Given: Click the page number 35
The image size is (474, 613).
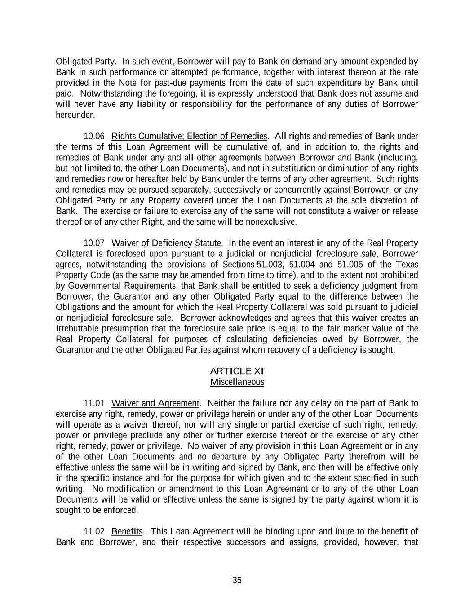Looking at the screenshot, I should click(237, 580).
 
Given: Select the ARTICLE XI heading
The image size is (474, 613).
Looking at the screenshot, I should click(237, 371).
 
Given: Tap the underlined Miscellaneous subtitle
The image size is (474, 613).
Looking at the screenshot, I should click(237, 382).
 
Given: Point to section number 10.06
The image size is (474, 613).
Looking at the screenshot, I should click(94, 136).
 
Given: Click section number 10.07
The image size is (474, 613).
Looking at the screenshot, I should click(94, 243).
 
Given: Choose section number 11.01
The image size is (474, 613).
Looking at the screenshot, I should click(94, 403).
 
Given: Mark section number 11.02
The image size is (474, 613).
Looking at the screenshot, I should click(94, 531).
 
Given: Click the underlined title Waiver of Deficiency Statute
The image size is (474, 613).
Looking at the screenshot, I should click(166, 243).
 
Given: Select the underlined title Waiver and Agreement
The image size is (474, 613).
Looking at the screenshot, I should click(155, 403).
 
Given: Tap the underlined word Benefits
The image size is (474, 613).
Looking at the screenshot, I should click(127, 531).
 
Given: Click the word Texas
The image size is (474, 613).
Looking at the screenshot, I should click(406, 264).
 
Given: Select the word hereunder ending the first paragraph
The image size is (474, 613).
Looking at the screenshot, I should click(75, 115).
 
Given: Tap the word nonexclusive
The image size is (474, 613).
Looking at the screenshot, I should click(275, 222).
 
